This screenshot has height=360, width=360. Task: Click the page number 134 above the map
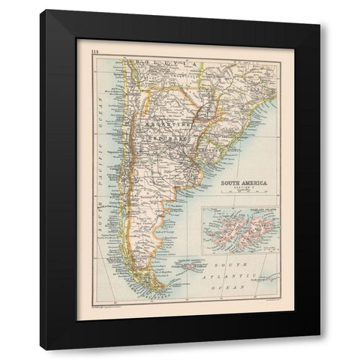[95, 51]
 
